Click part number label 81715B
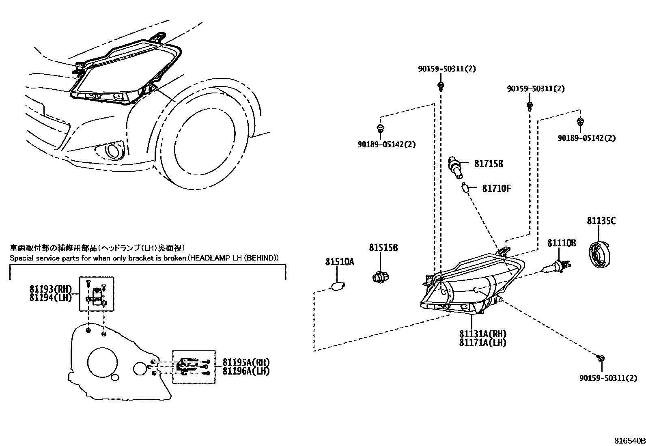[x=489, y=164]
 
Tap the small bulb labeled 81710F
[x=466, y=188]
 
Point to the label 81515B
[x=383, y=248]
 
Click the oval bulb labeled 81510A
[x=337, y=287]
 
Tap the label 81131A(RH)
[x=483, y=334]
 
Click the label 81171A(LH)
[x=483, y=343]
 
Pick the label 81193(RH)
[x=50, y=289]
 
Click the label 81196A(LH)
[x=246, y=371]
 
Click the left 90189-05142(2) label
[x=387, y=144]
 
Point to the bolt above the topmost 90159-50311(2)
[x=441, y=86]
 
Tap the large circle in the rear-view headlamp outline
[x=102, y=362]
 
